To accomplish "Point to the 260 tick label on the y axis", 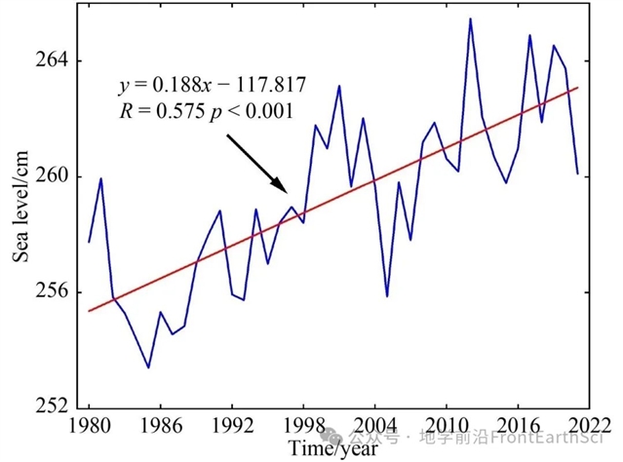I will click(x=53, y=176).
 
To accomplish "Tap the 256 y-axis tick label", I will click(x=53, y=291).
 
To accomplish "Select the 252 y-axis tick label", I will click(x=53, y=406).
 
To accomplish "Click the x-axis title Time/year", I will click(x=332, y=448).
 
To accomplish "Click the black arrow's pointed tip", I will click(x=287, y=192).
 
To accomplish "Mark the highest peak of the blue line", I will click(x=470, y=19).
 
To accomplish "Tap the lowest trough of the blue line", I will click(x=148, y=367).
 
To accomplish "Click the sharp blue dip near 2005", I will click(x=387, y=295).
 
